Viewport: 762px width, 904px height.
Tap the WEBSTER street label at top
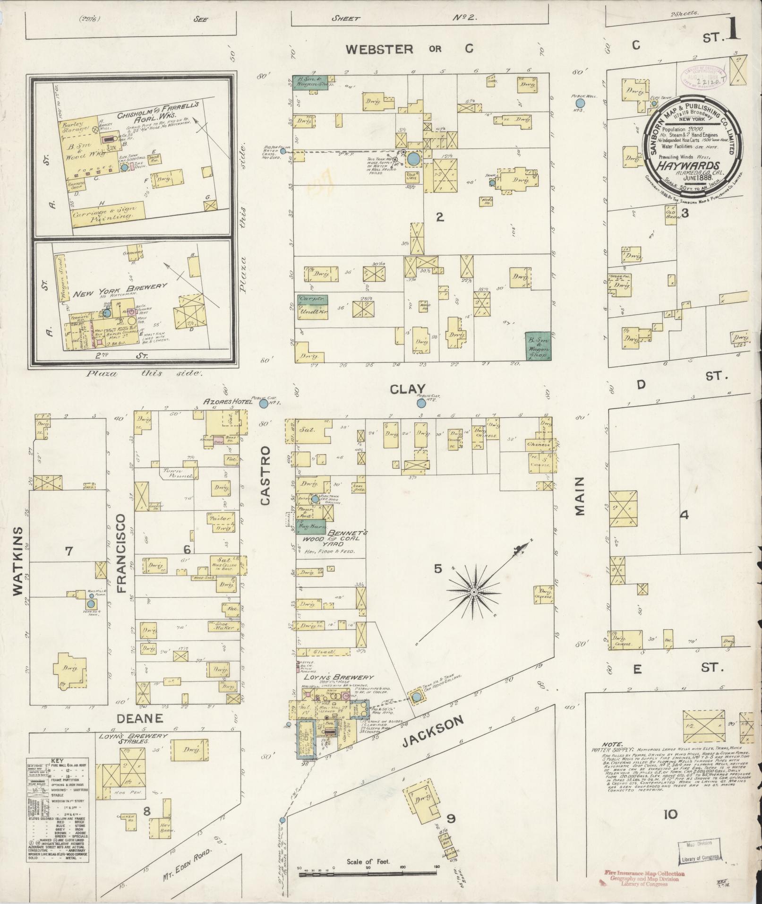[379, 49]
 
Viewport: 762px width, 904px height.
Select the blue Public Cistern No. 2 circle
[420, 403]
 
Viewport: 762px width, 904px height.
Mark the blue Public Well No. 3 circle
[580, 102]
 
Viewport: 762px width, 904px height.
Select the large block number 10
[670, 814]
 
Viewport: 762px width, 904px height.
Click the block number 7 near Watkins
[69, 550]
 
